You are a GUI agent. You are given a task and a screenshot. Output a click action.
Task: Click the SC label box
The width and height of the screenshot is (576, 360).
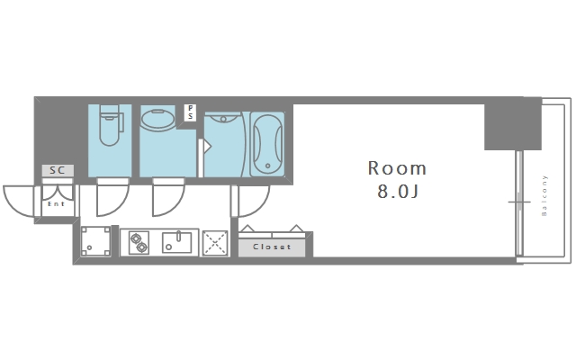click(57, 169)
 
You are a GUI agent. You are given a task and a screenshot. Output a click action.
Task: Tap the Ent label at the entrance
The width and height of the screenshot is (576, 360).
click(56, 204)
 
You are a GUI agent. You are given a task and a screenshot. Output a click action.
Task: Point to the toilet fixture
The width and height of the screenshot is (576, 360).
click(110, 125)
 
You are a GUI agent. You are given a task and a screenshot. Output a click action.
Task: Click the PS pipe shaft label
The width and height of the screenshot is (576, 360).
click(190, 112)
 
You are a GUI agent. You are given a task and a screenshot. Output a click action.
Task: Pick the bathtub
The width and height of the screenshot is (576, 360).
click(266, 142)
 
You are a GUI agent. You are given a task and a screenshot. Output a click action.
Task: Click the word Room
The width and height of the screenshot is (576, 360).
click(397, 168)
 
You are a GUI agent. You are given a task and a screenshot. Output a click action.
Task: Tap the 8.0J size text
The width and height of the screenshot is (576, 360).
click(397, 192)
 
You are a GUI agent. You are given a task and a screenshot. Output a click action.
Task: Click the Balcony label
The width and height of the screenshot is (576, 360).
click(544, 196)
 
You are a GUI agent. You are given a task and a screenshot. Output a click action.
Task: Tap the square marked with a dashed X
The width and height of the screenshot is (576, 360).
click(214, 241)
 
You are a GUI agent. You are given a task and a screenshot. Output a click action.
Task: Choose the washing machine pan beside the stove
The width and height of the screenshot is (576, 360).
click(95, 241)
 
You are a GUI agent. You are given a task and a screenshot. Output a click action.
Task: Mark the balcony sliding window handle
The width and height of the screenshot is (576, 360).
click(519, 201)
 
